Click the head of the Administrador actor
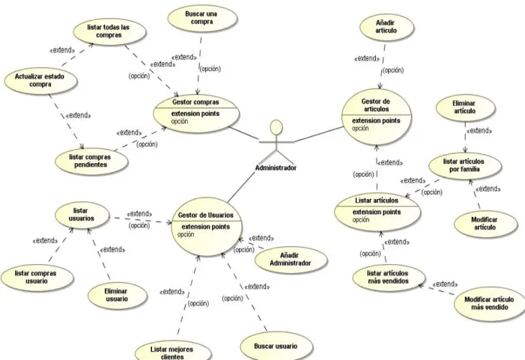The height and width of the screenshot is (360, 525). pos(276,127)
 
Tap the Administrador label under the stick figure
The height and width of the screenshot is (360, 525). pos(276,168)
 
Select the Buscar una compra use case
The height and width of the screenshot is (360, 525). pos(201,18)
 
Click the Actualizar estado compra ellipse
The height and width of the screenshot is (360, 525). pos(40,80)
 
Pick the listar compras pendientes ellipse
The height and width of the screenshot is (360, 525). pos(91,161)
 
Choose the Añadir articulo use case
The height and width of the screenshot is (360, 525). pos(386,27)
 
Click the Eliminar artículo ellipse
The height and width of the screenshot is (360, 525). pos(464,107)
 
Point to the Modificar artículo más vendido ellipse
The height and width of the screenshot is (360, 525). pos(489,303)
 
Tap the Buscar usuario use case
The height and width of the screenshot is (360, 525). pos(276,347)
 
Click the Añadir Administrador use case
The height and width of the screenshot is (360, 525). pos(290,259)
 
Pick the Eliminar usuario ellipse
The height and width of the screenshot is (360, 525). pos(117,295)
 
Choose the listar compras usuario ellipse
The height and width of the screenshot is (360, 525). pos(36,277)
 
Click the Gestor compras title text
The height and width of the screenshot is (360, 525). pos(195,103)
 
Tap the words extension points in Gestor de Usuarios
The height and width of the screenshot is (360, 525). pos(205,227)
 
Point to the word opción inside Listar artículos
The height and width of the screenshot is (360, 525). pos(361,220)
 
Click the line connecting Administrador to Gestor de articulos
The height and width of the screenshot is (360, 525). pos(319,134)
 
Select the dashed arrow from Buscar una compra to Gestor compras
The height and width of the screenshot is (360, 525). pos(199,66)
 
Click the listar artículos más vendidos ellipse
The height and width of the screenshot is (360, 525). pos(389,277)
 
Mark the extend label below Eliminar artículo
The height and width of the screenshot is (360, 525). pos(479,131)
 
